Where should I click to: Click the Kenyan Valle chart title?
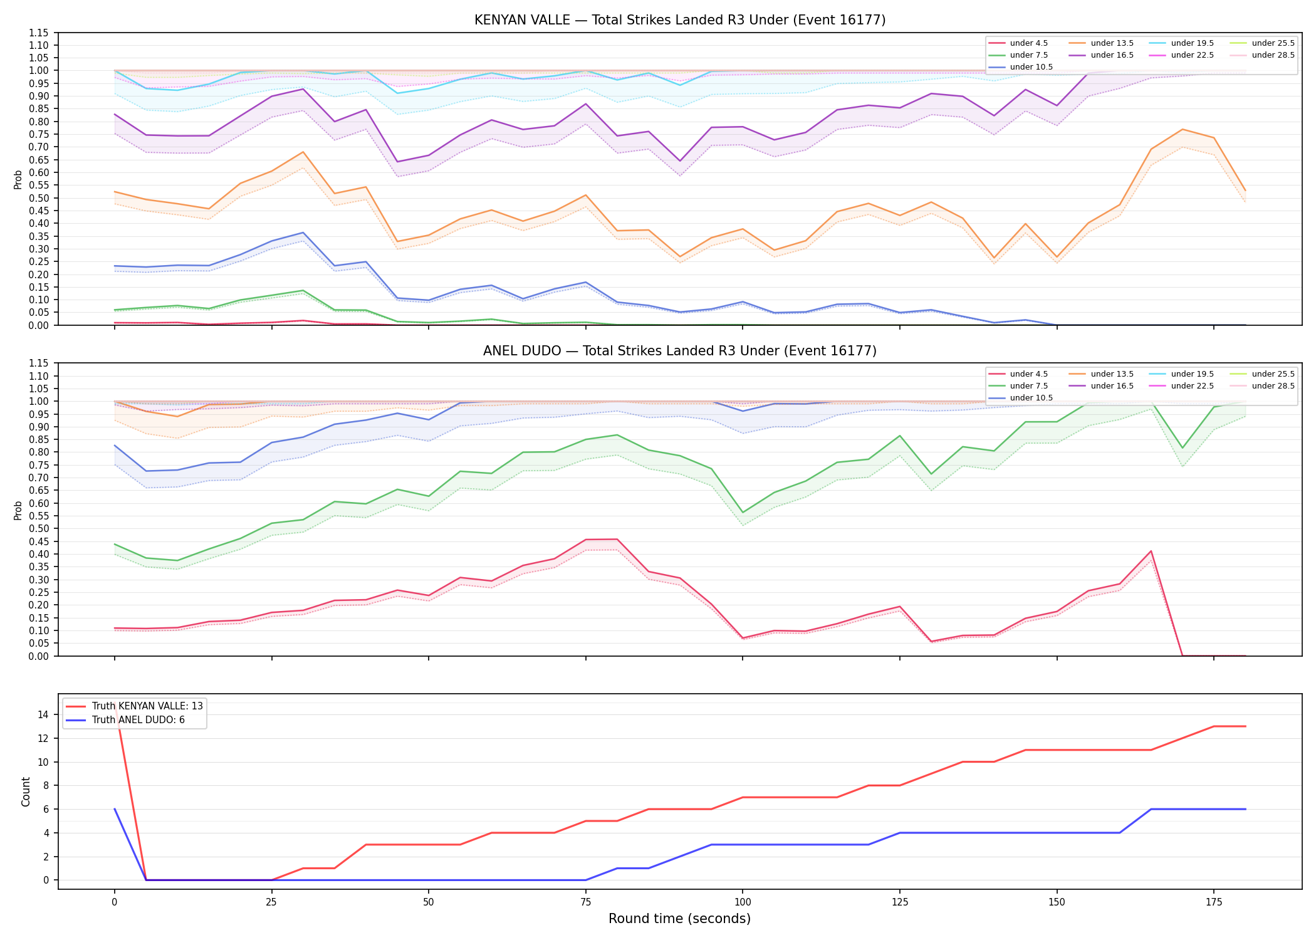680,20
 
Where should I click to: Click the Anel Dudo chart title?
680,351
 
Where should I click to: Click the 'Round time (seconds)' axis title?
680,919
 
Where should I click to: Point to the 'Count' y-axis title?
26,791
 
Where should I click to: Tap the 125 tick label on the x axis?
900,902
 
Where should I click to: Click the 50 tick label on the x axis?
428,902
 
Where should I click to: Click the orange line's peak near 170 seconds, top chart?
1183,129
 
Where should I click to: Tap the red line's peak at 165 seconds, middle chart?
1151,551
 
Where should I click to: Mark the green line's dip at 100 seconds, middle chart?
743,513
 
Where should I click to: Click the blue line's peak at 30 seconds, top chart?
303,232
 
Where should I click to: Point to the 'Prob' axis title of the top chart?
18,179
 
